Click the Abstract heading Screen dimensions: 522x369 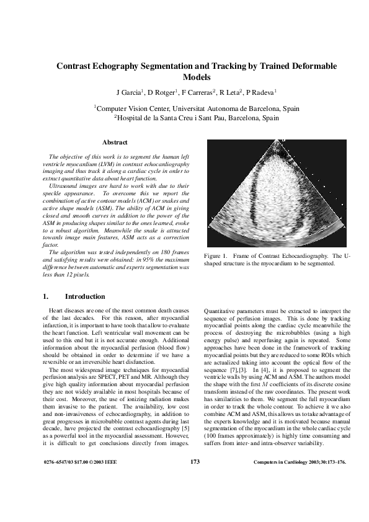tap(115, 143)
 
